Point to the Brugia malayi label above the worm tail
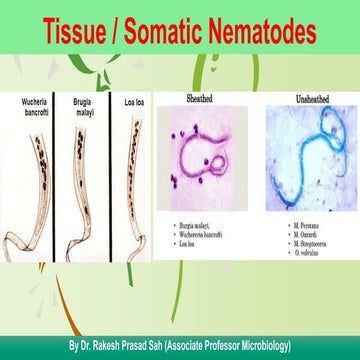[x=85, y=106]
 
